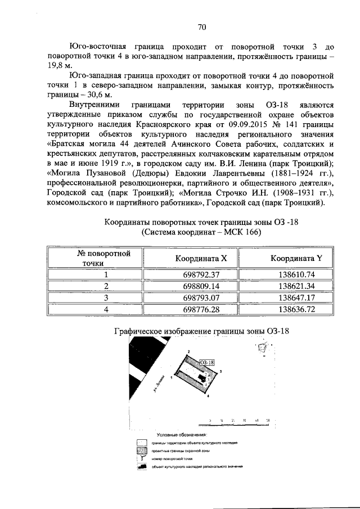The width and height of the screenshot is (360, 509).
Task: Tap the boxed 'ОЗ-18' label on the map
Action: click(x=207, y=363)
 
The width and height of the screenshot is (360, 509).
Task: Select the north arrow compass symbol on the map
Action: click(x=262, y=349)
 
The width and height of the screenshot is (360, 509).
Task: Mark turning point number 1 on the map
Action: click(x=170, y=378)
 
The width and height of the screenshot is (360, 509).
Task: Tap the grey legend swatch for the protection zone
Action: click(x=142, y=451)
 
